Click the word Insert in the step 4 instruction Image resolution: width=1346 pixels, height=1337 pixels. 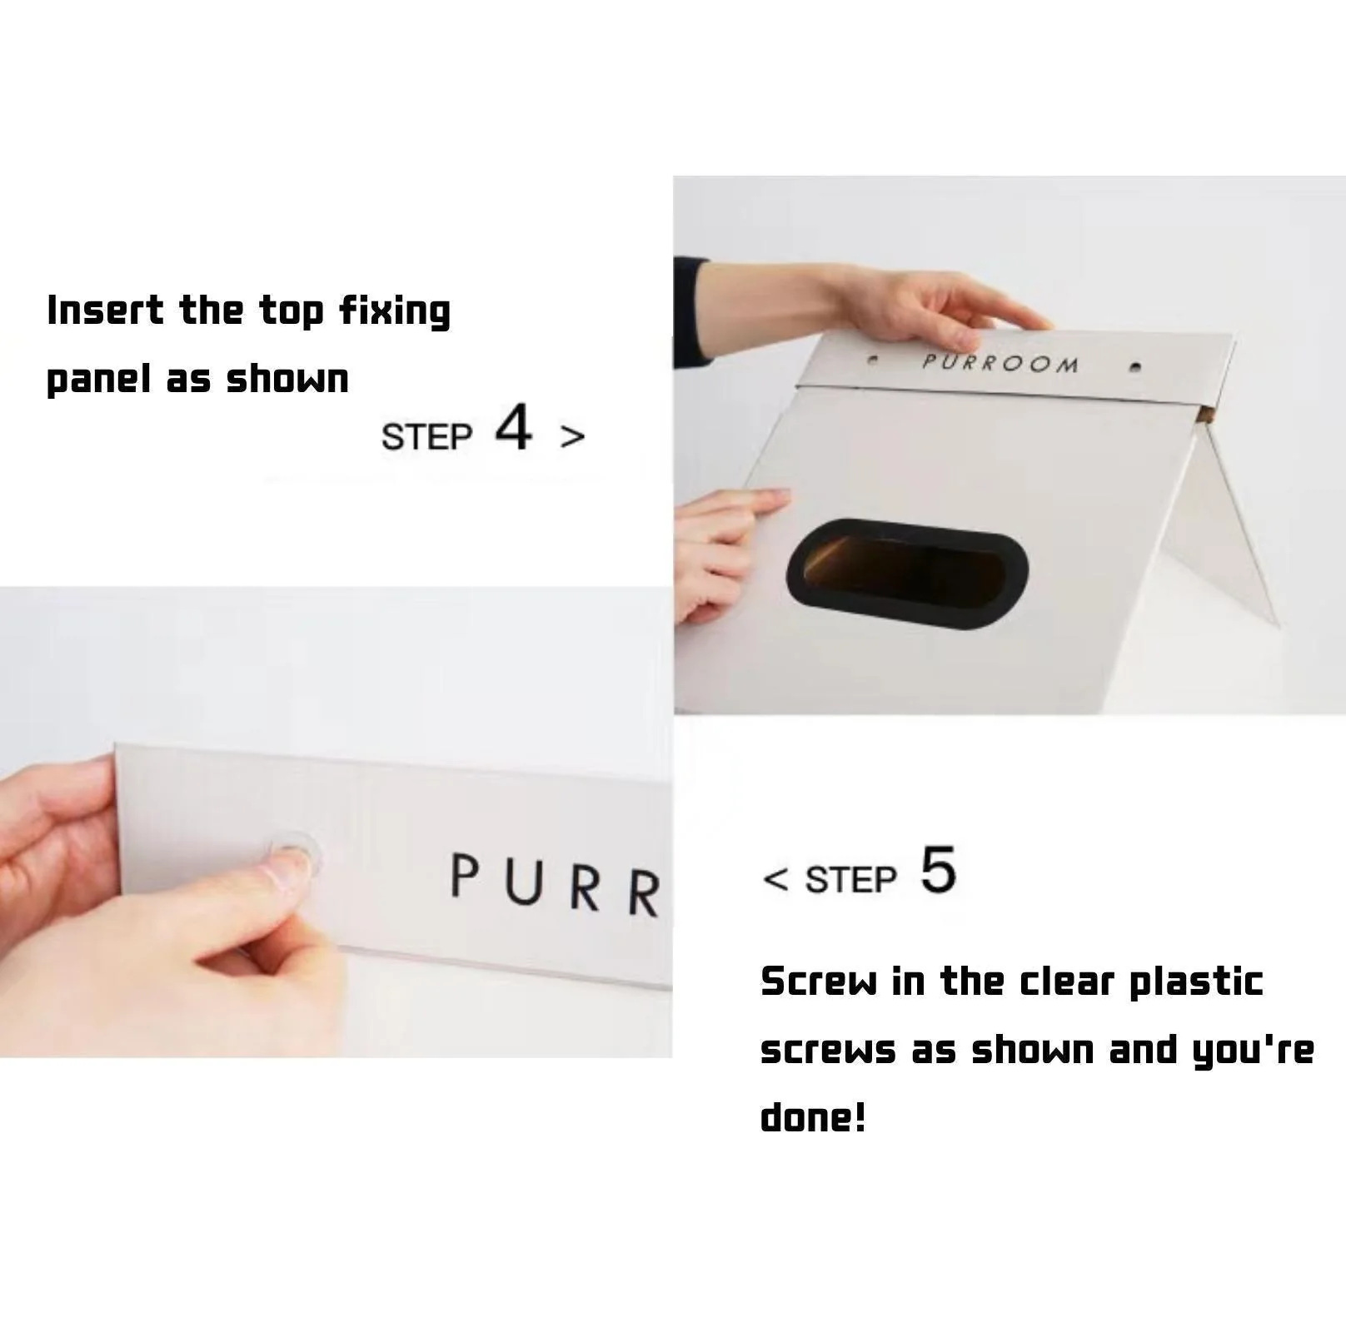pyautogui.click(x=105, y=311)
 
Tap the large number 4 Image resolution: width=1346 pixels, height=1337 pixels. pyautogui.click(x=513, y=427)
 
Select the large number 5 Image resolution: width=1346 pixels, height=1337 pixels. pyautogui.click(x=939, y=870)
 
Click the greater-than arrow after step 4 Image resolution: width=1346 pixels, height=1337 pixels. pyautogui.click(x=572, y=436)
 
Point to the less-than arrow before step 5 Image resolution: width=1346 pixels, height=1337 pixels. pyautogui.click(x=775, y=878)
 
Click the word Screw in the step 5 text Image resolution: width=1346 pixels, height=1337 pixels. pyautogui.click(x=819, y=982)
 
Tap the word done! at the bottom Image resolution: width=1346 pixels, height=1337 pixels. pyautogui.click(x=813, y=1116)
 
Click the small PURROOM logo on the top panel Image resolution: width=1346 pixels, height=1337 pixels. pyautogui.click(x=1000, y=363)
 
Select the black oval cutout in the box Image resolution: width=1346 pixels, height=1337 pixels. pyautogui.click(x=907, y=573)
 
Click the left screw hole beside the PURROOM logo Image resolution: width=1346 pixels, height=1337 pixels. pyautogui.click(x=872, y=361)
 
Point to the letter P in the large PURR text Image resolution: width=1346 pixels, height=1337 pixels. pyautogui.click(x=465, y=877)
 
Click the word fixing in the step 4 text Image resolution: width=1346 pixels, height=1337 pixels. pyautogui.click(x=395, y=311)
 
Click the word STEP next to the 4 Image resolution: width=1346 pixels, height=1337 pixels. pyautogui.click(x=426, y=437)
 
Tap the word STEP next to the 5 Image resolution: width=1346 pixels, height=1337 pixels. pyautogui.click(x=850, y=879)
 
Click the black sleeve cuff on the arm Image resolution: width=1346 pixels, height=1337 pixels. pyautogui.click(x=690, y=312)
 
